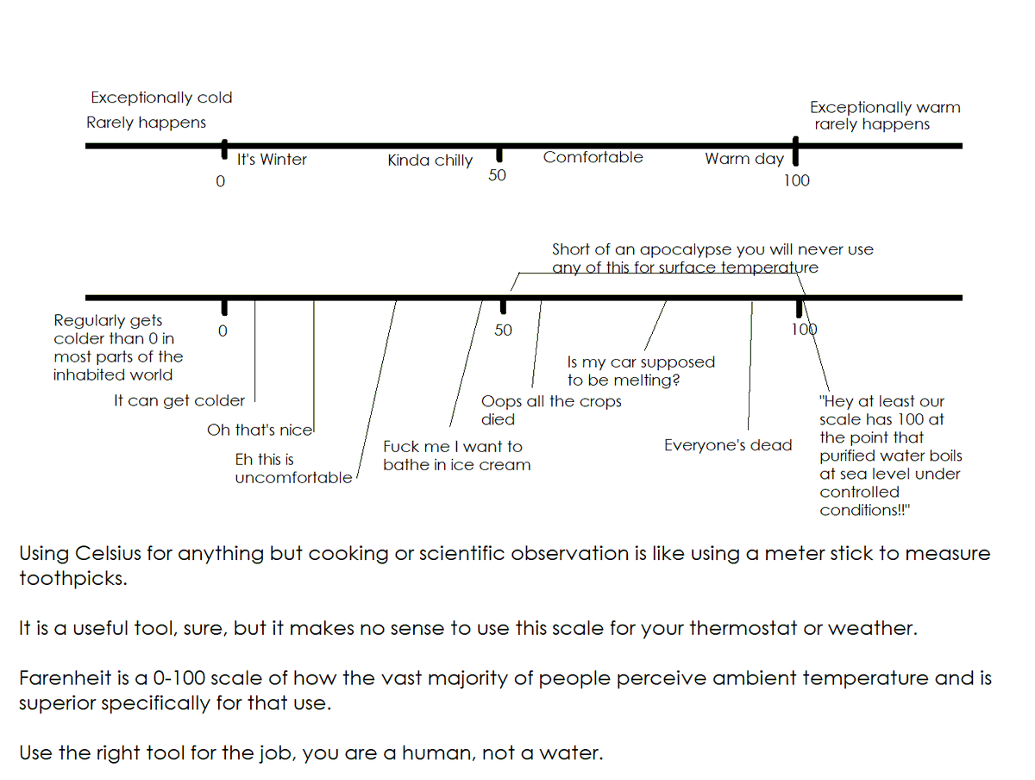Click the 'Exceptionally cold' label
161,98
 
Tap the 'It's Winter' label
272,160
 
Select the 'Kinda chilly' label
430,160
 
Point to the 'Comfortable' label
593,157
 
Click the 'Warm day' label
744,159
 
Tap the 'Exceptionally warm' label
884,108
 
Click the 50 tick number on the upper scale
498,175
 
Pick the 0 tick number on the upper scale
221,181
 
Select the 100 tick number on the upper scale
796,180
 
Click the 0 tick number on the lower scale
223,330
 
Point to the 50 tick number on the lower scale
503,330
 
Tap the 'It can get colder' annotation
179,400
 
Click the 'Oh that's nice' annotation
260,430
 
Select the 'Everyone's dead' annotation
728,445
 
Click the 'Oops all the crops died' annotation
550,411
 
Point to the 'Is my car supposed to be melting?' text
640,371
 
